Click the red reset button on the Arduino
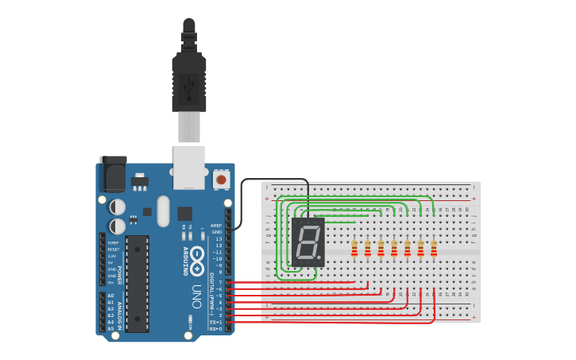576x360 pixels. (221, 180)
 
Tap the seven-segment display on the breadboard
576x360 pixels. (308, 242)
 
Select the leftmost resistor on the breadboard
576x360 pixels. (354, 249)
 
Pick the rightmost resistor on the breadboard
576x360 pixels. (434, 249)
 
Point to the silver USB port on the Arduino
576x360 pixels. (189, 167)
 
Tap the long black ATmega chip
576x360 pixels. (137, 284)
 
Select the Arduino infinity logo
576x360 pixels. (196, 257)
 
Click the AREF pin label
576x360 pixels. (216, 225)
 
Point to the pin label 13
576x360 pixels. (218, 238)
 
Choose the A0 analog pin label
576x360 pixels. (110, 296)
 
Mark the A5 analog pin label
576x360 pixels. (110, 328)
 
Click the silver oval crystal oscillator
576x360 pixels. (163, 211)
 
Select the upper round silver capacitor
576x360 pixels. (118, 207)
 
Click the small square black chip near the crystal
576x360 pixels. (184, 213)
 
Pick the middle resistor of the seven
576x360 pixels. (394, 249)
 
